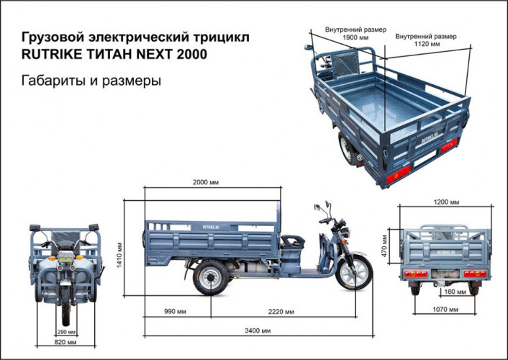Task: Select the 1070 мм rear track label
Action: [x=447, y=309]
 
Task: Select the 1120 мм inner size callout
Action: [x=427, y=40]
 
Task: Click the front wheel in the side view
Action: [x=353, y=274]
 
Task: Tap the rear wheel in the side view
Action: [x=209, y=276]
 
